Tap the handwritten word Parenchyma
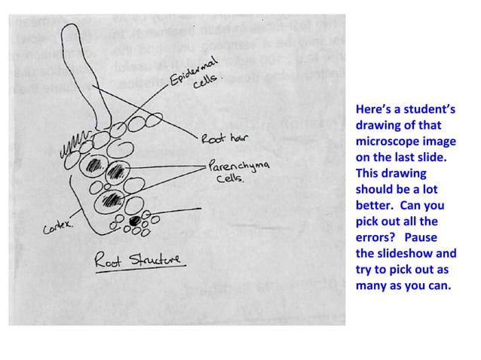pos(238,166)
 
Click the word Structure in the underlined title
pos(158,261)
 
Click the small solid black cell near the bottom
pos(136,221)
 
